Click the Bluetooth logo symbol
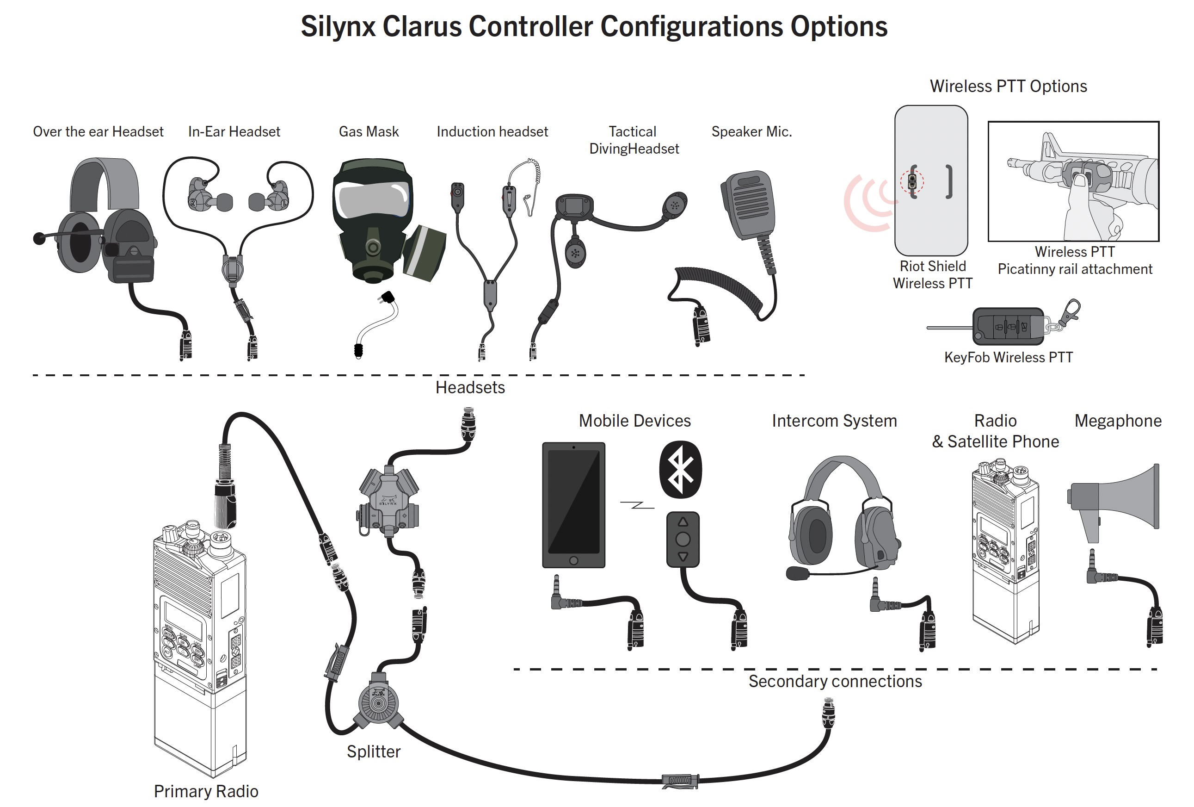[680, 469]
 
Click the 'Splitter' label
[374, 751]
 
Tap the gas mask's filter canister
[424, 252]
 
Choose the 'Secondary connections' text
[835, 681]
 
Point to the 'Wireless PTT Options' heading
[1008, 87]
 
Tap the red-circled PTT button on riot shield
[912, 181]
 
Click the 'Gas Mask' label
[369, 131]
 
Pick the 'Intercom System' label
[834, 421]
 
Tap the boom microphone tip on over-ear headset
[39, 238]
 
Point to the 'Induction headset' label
[492, 131]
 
